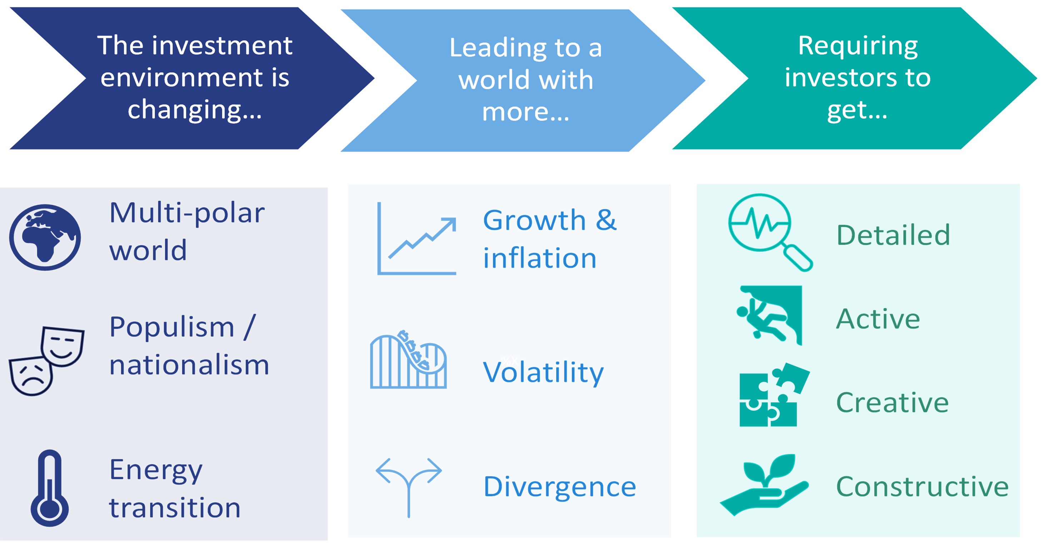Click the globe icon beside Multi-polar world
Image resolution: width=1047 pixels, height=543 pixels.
[45, 237]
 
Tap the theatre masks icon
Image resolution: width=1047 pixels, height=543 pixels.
[47, 360]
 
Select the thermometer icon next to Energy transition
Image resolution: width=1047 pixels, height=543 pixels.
[50, 488]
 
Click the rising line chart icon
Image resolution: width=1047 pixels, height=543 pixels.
[417, 239]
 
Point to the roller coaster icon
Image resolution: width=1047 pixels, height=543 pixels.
[408, 360]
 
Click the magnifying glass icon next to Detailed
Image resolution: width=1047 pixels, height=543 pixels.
[768, 232]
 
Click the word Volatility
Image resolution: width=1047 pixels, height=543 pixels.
[543, 372]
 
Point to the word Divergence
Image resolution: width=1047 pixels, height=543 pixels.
[560, 487]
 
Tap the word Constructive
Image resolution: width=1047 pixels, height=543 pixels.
[922, 487]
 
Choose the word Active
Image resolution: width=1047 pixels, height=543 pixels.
[878, 319]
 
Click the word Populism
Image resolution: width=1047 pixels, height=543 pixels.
[172, 327]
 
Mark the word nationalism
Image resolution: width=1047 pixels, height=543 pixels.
[189, 365]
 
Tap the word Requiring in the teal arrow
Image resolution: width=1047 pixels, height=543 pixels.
[858, 45]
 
